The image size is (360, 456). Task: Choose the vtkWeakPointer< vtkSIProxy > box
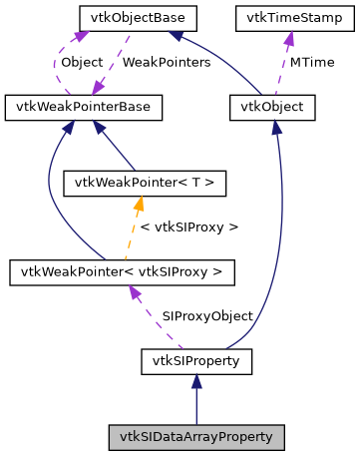pos(122,270)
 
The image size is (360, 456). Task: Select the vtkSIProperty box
pos(196,360)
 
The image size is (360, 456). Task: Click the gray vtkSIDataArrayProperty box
pos(196,437)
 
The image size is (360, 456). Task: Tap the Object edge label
pos(82,62)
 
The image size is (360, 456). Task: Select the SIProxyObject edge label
pos(206,315)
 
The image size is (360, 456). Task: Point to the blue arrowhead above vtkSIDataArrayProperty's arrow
pos(196,380)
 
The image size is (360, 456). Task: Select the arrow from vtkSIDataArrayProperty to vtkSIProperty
pos(196,404)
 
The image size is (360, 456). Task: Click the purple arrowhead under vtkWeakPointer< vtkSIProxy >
pos(135,290)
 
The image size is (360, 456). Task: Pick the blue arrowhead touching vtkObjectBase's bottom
pos(177,37)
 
